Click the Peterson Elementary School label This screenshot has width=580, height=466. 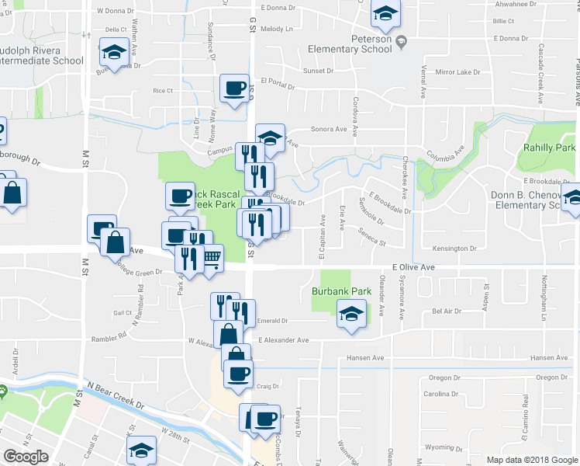(350, 43)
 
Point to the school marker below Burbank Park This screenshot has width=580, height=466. (351, 315)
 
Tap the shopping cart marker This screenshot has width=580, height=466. (212, 258)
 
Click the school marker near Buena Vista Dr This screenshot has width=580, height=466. (115, 54)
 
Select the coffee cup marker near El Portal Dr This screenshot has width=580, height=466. (234, 88)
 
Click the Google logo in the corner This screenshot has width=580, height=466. (26, 457)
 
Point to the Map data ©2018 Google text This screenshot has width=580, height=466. (532, 460)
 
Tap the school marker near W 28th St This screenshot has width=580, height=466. (141, 450)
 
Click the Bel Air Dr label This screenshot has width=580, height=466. (447, 311)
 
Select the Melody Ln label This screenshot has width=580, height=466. (277, 29)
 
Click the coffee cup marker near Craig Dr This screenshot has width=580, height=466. (237, 373)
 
